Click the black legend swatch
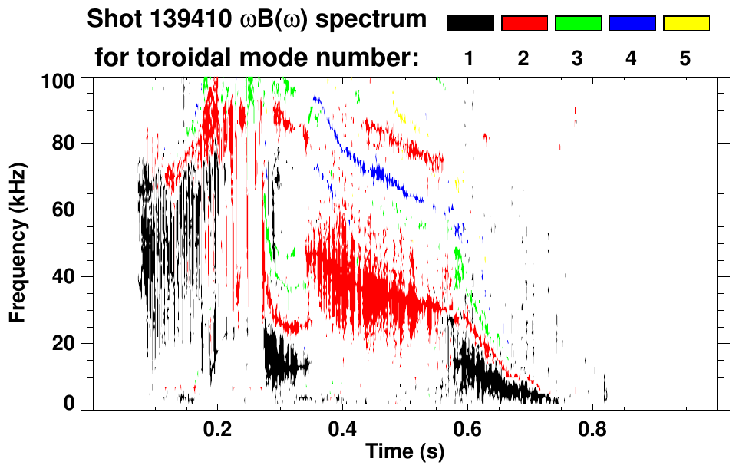[470, 24]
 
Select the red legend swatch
[524, 24]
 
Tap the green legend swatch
[578, 24]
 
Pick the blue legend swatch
[632, 24]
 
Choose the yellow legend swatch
[686, 24]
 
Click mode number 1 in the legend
[470, 58]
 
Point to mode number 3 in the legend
[578, 58]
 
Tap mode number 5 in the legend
[686, 58]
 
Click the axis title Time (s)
[404, 452]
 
